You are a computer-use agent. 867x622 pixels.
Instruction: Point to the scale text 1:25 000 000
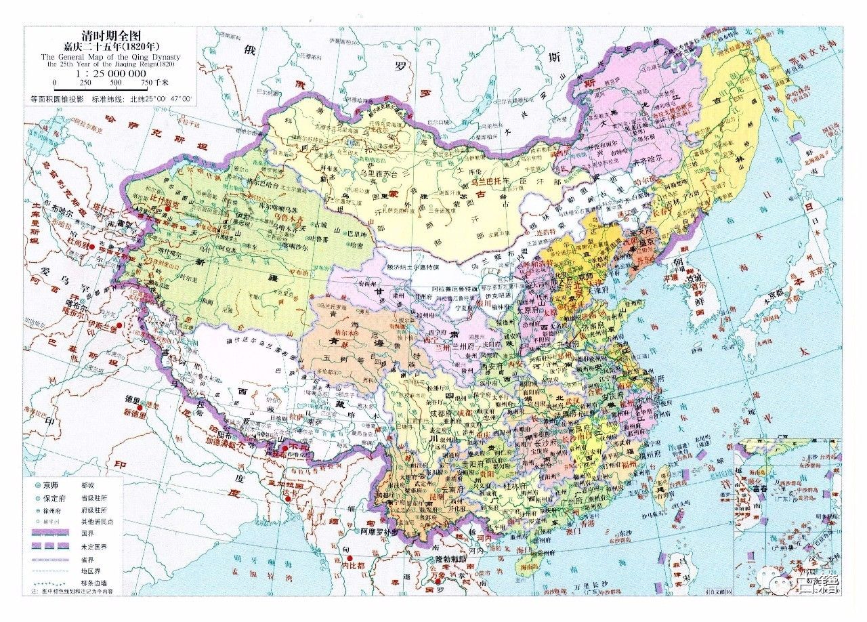coord(112,72)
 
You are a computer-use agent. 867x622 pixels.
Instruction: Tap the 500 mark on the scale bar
coord(116,82)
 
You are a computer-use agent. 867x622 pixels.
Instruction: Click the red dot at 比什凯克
coord(165,209)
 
